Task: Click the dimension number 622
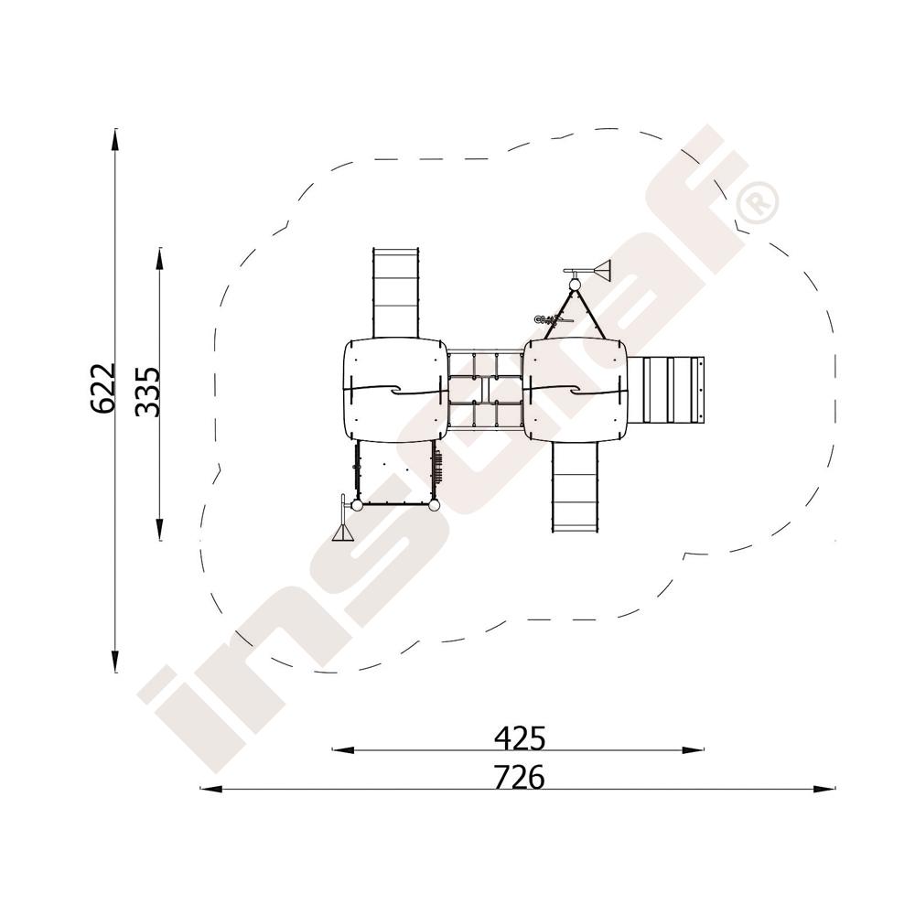click(x=103, y=388)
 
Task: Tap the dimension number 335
click(x=147, y=392)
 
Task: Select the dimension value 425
click(x=520, y=738)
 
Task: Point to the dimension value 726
click(x=519, y=777)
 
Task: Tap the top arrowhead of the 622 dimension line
click(x=115, y=140)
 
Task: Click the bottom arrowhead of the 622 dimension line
click(x=115, y=660)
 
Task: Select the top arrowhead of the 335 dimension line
click(x=159, y=260)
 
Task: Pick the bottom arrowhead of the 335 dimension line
click(x=159, y=528)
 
